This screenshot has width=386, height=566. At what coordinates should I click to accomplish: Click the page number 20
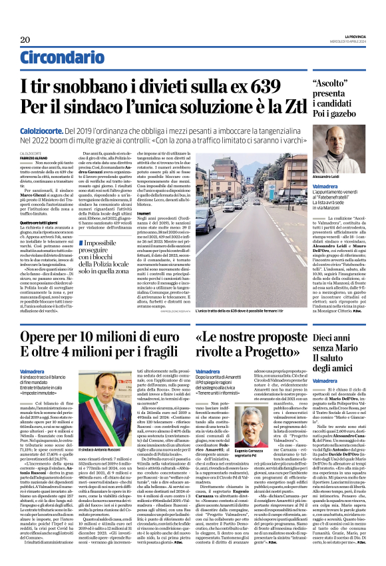(25, 39)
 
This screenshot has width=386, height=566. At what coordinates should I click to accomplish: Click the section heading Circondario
(62, 59)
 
